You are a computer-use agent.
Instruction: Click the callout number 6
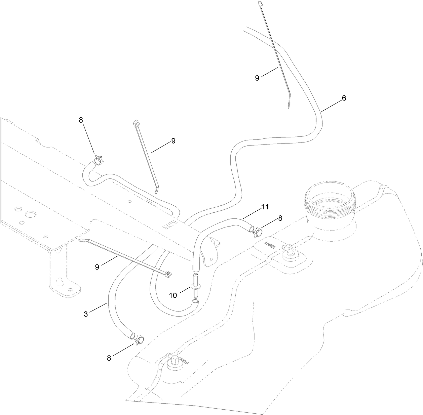(344, 98)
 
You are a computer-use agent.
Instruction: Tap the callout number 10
(173, 296)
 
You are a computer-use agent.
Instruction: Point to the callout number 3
(86, 314)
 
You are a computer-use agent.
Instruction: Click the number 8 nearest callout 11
(280, 218)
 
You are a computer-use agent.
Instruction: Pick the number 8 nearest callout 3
(109, 358)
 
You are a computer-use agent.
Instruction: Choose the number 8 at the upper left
(81, 120)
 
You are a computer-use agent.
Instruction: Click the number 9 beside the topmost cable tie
(257, 78)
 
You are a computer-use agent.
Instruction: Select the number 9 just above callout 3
(97, 258)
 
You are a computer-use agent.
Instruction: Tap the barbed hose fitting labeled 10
(195, 286)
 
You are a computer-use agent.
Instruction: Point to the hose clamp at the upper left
(99, 160)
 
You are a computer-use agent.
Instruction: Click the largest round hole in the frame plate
(31, 214)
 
